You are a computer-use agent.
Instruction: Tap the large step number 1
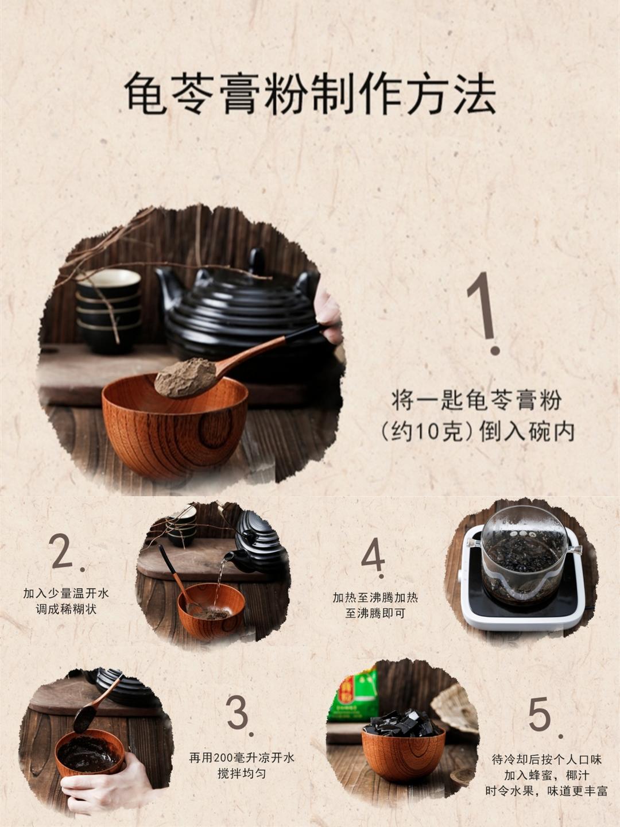483,313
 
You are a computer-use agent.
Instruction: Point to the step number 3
240,716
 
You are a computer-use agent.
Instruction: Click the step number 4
373,558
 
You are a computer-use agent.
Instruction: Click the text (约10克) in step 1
427,432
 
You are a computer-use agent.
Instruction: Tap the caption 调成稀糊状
66,609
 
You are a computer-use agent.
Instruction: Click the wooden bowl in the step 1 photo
175,428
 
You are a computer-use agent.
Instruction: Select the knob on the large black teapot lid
257,260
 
